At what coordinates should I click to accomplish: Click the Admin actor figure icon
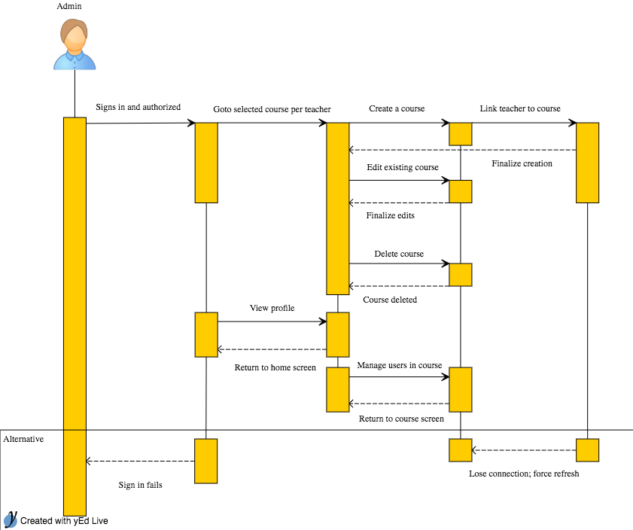75,44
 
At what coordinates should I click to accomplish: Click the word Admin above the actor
69,6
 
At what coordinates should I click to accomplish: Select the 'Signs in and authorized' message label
138,107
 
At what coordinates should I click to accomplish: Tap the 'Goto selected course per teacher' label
272,109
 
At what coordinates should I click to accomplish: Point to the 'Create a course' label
397,108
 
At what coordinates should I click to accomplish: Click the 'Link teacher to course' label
520,108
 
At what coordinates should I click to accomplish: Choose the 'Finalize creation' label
522,163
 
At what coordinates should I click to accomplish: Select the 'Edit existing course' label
403,168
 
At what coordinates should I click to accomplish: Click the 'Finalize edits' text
391,215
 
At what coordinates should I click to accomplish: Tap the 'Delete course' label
399,254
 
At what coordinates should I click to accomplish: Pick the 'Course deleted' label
390,300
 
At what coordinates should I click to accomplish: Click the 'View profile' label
272,309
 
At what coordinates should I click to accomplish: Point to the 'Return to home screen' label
275,367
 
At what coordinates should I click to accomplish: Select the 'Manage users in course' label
400,365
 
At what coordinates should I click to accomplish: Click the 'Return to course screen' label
401,419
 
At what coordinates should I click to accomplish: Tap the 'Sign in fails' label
141,485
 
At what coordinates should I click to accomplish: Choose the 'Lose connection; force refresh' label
524,474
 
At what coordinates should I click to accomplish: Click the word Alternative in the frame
23,439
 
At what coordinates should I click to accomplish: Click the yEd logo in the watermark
11,519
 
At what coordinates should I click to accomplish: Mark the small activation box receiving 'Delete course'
461,275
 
